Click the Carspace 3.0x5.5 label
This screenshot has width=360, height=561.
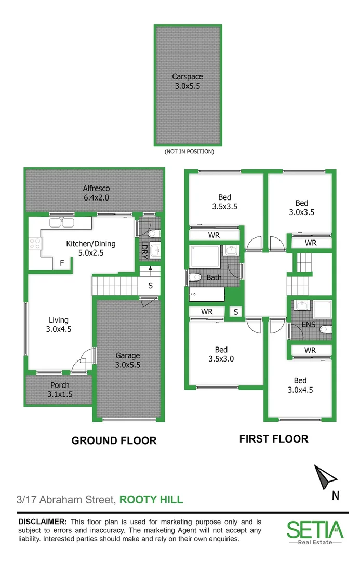coord(188,82)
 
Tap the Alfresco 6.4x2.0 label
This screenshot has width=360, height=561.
coord(97,193)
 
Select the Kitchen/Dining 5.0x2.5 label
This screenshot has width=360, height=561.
coord(90,248)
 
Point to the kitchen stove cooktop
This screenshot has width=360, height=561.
coord(35,243)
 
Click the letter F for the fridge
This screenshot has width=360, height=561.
coord(62,263)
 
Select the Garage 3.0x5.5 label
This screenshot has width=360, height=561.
coord(127,360)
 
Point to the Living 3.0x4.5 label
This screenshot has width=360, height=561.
coord(59,324)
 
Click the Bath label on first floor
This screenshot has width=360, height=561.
coord(214,277)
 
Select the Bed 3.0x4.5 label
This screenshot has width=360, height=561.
coord(300,385)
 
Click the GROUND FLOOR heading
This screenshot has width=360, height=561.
coord(114,440)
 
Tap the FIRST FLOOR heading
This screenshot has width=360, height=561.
coord(273,439)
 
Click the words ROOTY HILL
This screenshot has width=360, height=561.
coord(151,500)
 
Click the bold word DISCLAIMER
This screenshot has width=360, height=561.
coord(42,521)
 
